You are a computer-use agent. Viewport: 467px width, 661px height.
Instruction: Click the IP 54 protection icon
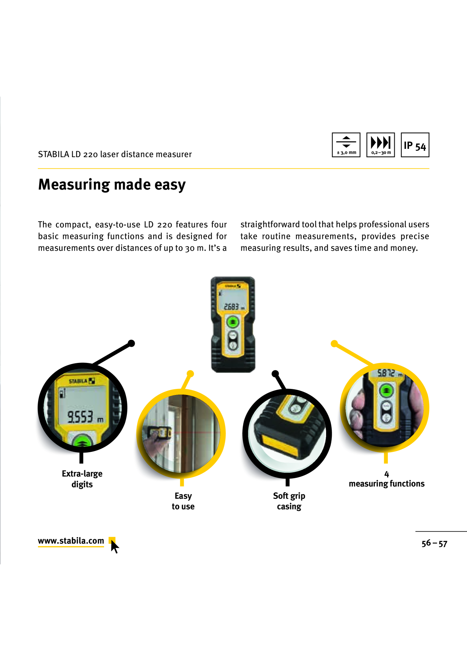[415, 145]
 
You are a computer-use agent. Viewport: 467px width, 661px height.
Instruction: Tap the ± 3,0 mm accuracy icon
[346, 145]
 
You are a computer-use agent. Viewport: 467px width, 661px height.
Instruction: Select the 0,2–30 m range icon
[381, 145]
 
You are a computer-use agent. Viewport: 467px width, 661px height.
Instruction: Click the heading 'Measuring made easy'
[112, 185]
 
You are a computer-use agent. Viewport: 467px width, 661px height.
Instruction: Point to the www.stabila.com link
[71, 541]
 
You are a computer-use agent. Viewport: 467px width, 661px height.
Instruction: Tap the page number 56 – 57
[434, 543]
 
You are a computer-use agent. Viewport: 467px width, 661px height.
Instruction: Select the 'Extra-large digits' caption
[82, 479]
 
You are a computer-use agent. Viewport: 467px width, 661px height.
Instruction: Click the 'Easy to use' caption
[183, 501]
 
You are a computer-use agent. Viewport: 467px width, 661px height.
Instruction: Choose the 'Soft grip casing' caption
[289, 501]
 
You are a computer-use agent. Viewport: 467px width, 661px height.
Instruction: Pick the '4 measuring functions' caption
[386, 479]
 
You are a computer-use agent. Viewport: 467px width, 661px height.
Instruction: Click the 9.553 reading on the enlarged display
[80, 416]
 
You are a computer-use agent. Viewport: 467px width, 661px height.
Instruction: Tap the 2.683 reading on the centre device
[232, 307]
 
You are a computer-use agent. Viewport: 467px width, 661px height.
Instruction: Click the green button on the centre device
[233, 322]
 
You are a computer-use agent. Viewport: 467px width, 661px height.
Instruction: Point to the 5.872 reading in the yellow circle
[386, 373]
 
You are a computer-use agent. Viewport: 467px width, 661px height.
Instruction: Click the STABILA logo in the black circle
[82, 381]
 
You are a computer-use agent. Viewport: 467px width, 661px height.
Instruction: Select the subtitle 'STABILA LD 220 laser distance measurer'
[115, 154]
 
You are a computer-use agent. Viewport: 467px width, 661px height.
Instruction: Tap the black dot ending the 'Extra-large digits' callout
[131, 343]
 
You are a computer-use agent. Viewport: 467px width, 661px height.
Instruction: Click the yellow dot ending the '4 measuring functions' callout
[334, 344]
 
